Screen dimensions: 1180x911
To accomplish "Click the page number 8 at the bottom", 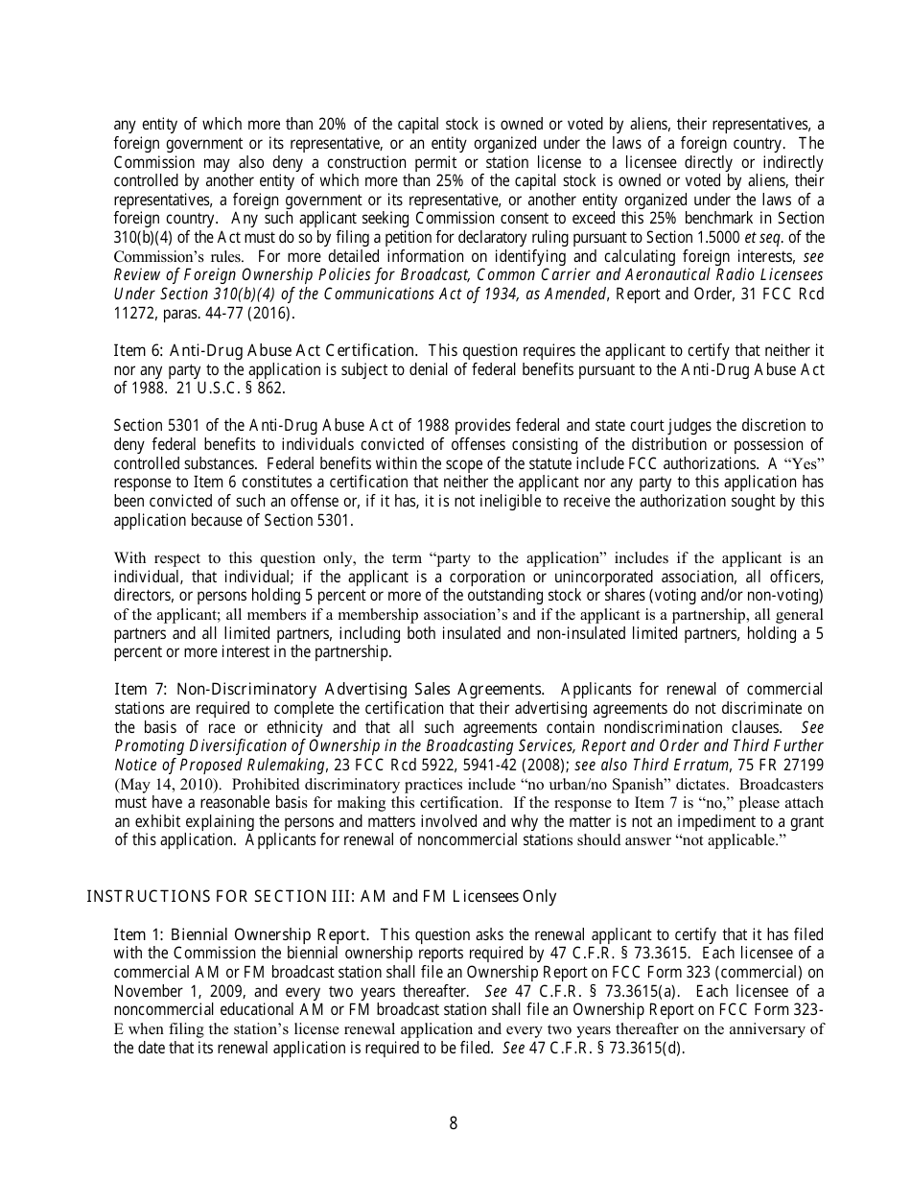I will [x=454, y=1124].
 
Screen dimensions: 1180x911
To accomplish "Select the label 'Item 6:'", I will [x=139, y=350].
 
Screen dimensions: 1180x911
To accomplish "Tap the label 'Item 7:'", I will [x=139, y=689].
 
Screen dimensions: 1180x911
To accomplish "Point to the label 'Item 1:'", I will [x=139, y=934].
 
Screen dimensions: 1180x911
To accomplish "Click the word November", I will [x=147, y=991].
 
